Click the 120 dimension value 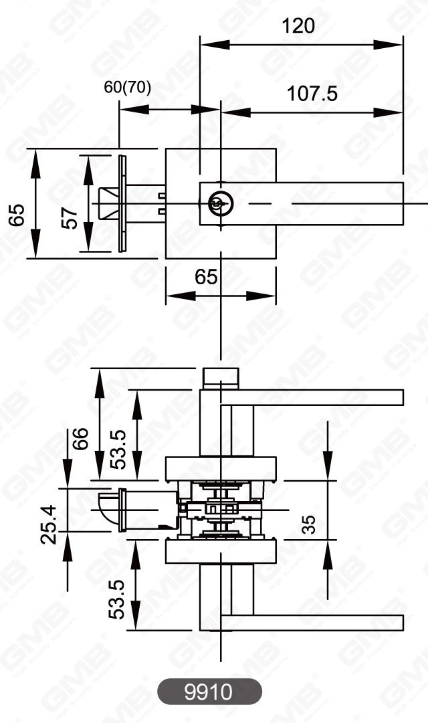[x=298, y=26]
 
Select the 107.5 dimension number [x=312, y=94]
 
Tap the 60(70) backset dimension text [x=128, y=88]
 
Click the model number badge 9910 [x=209, y=691]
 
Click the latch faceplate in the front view [x=121, y=203]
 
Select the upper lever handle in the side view [x=314, y=397]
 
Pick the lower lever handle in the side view [x=314, y=622]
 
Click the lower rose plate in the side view [x=221, y=552]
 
